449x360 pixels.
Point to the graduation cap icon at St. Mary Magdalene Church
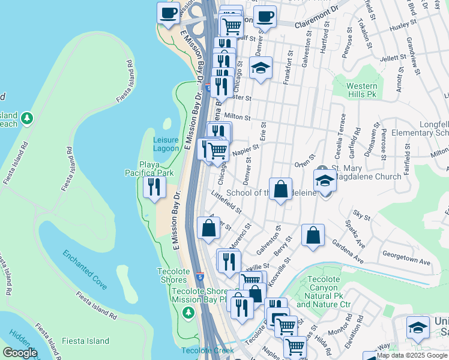click(x=325, y=180)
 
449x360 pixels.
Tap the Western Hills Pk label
click(x=363, y=90)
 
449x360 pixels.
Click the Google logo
click(x=20, y=353)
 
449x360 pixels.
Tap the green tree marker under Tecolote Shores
click(x=188, y=313)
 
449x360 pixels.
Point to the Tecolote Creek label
click(x=207, y=350)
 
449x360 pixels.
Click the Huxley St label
click(x=402, y=27)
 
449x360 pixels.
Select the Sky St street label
click(x=361, y=215)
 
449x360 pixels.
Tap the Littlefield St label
click(x=227, y=202)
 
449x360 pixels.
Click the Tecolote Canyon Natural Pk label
click(x=323, y=292)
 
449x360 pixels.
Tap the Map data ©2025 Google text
click(x=412, y=355)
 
